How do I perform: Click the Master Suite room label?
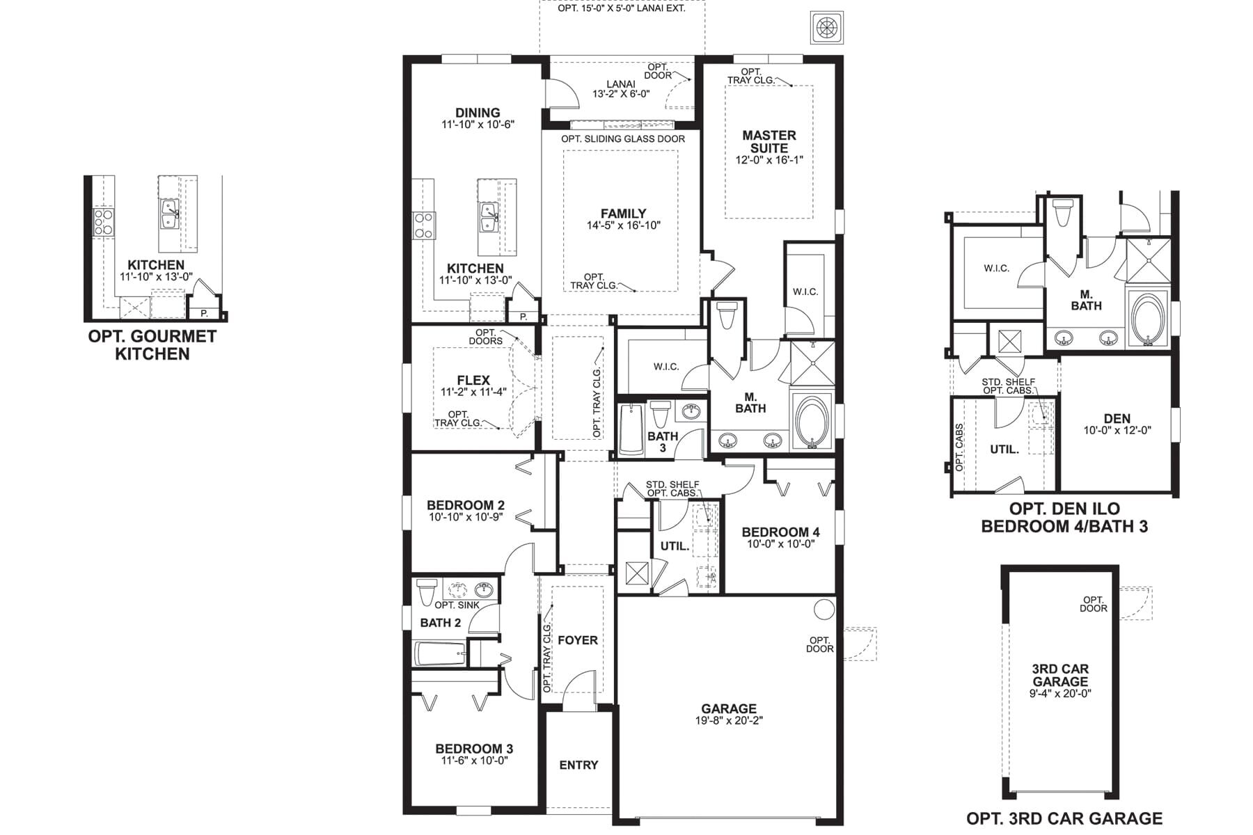pos(769,141)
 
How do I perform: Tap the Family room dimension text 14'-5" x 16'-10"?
pos(623,225)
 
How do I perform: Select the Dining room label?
pos(478,113)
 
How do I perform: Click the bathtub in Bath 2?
pos(441,654)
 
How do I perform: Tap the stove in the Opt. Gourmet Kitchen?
pos(104,221)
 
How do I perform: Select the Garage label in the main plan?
pos(729,709)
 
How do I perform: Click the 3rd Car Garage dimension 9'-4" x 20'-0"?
pos(1060,694)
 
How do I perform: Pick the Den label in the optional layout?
pos(1117,418)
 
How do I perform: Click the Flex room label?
pos(473,380)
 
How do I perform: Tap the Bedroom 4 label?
pos(780,532)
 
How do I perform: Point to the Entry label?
pos(578,765)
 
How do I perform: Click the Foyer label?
pos(578,640)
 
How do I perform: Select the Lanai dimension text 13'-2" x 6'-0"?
pos(621,94)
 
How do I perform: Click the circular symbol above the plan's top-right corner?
pos(827,28)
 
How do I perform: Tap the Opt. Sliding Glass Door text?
pos(623,139)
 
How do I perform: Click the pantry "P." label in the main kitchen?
pos(523,317)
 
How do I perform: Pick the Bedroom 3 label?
pos(474,749)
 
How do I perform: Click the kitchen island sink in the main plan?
pos(488,217)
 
